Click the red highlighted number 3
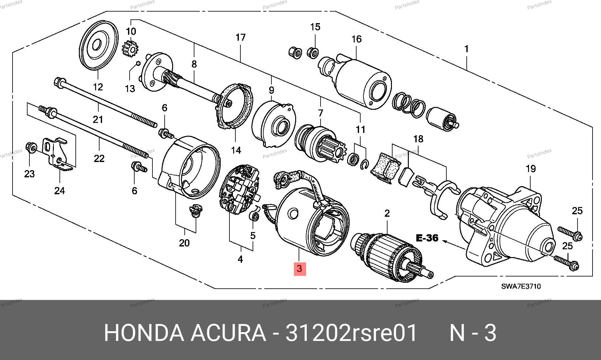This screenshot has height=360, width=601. (299, 269)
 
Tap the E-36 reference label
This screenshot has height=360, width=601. (427, 238)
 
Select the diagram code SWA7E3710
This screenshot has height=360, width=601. (521, 286)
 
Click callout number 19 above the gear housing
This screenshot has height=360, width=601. (531, 169)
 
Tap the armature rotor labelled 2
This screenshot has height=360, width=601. (391, 255)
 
